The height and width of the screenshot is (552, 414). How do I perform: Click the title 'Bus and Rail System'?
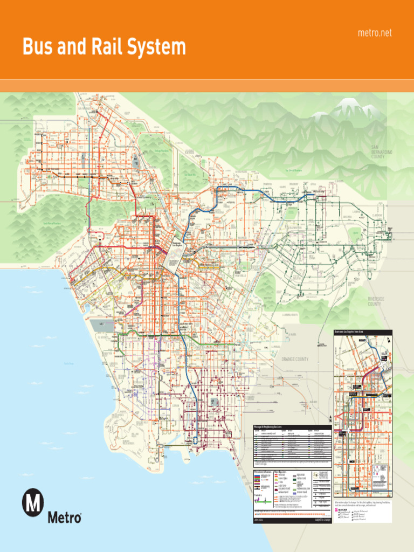[x=103, y=47]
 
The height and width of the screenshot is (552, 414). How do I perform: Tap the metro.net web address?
[x=375, y=33]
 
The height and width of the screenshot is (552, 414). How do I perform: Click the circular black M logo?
[x=33, y=503]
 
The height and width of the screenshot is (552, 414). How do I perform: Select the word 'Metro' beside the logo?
[x=65, y=518]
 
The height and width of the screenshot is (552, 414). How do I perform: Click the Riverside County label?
[x=375, y=301]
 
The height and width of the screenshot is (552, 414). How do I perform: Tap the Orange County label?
[x=294, y=359]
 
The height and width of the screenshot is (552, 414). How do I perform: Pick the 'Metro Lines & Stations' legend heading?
[x=263, y=472]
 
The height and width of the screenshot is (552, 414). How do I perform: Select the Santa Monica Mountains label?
[x=51, y=223]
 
